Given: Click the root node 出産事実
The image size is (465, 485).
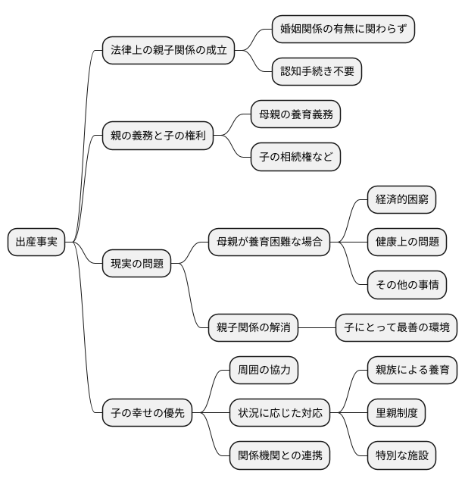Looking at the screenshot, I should point(36,242).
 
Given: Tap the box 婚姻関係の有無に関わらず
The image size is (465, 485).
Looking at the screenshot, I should point(344,29).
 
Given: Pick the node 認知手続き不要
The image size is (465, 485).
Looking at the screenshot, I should point(317,72).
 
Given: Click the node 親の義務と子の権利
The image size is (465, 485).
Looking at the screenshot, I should point(158,137).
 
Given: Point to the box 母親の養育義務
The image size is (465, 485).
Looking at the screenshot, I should point(295,115).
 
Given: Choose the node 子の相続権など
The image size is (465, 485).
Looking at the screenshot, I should point(295,158).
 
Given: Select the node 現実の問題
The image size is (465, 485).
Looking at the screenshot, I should point(136,264).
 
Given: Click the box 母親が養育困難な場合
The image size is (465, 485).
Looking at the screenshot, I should point(269,242).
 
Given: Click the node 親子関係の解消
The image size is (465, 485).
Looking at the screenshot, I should point(253,328).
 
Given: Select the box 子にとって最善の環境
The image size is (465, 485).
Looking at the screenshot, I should point(396,328).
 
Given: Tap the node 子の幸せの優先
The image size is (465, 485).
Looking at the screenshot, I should point(147,414).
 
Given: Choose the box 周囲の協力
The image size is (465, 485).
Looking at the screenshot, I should point(264,371).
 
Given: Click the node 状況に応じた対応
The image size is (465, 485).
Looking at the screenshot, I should point(279,414).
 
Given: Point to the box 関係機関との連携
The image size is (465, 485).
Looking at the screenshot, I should point(279,456).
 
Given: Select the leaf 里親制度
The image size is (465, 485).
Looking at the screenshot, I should point(396,414).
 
